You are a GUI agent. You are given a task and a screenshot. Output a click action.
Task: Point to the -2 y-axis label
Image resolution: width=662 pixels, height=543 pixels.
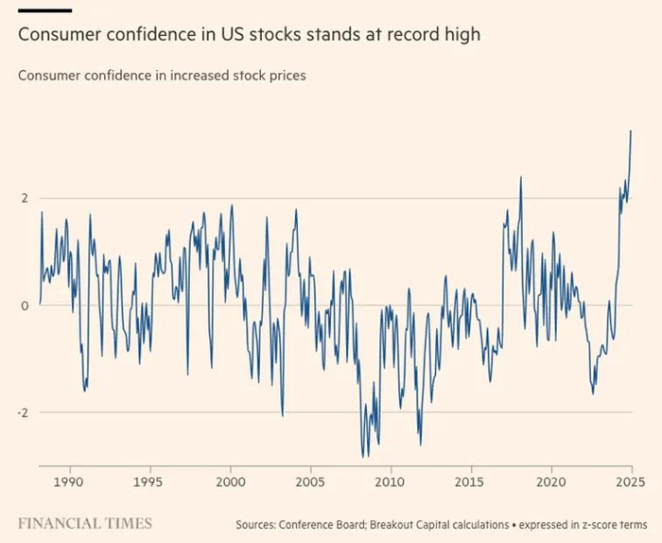pyautogui.click(x=21, y=412)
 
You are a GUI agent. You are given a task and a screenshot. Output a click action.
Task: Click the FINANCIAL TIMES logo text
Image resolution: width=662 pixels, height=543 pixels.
pyautogui.click(x=85, y=522)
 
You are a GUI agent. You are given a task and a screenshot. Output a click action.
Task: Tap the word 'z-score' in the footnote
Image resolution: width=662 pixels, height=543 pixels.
pyautogui.click(x=601, y=523)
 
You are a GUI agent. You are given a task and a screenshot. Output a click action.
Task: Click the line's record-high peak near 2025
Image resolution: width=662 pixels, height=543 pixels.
pyautogui.click(x=631, y=131)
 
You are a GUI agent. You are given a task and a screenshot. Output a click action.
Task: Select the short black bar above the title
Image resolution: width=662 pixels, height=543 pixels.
pyautogui.click(x=44, y=10)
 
